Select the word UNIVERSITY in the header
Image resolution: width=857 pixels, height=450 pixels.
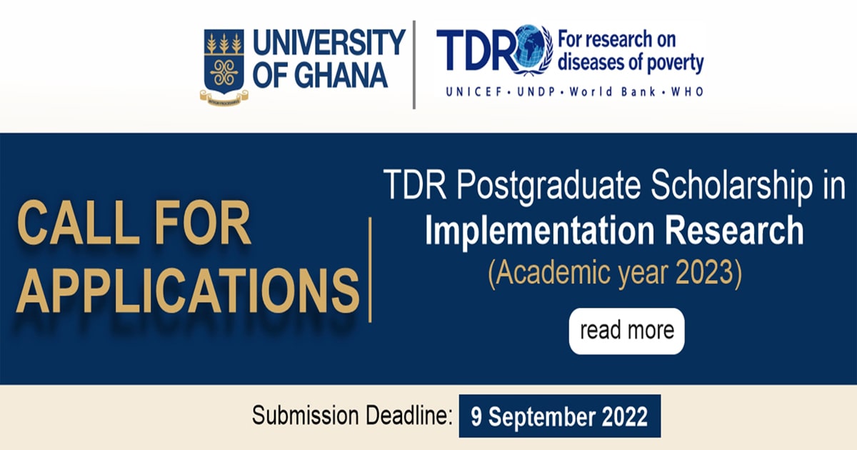(x=329, y=42)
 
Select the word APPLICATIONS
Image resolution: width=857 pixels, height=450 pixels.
(x=187, y=291)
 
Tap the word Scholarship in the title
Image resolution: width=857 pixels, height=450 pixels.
(x=731, y=186)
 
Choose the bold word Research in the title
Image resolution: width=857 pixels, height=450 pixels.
(x=734, y=230)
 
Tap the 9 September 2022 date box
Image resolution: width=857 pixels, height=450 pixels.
(x=560, y=416)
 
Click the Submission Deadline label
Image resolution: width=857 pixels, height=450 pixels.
(x=352, y=415)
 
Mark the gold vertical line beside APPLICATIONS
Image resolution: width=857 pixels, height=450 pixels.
(x=370, y=270)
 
